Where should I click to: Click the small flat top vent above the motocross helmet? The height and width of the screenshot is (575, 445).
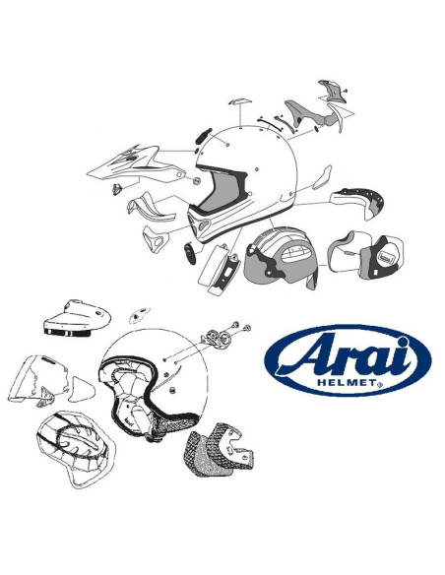(240, 101)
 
